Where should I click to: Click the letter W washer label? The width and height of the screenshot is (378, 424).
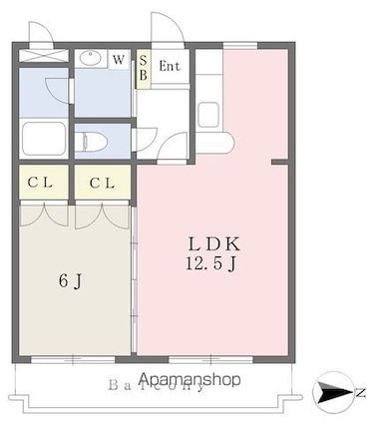tap(119, 60)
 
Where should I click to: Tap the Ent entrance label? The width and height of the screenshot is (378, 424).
tap(170, 67)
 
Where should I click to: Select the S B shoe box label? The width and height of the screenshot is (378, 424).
tap(143, 67)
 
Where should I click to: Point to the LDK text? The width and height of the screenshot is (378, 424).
tap(217, 244)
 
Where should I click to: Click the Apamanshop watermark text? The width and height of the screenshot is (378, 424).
tap(191, 379)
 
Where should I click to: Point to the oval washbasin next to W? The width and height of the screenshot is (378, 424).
tap(93, 59)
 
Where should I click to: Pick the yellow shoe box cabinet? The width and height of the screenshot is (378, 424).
tap(143, 69)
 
